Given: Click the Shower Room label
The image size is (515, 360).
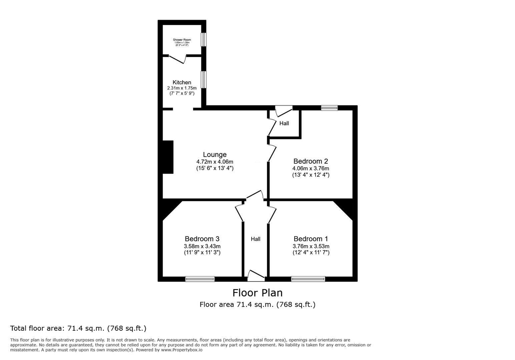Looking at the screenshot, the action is [x=182, y=40].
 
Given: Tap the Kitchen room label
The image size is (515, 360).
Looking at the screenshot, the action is [x=182, y=82].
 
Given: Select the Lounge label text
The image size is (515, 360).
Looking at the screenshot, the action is [x=215, y=155].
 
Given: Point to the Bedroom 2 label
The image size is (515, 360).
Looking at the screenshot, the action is [x=311, y=161].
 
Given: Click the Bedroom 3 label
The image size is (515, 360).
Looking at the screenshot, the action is [x=202, y=239].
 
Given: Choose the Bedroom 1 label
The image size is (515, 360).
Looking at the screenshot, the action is [x=311, y=239].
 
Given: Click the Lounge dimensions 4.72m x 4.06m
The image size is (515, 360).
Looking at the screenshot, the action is [x=215, y=162].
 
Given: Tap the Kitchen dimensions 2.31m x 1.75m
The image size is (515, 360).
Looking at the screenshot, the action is [x=182, y=88].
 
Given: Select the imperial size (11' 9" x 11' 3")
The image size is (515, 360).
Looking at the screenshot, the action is [x=202, y=252].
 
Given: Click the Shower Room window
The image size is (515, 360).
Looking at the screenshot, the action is [x=203, y=40].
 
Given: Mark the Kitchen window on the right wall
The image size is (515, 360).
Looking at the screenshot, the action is [x=203, y=79].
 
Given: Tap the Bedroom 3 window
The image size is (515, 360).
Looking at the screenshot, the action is [x=200, y=279].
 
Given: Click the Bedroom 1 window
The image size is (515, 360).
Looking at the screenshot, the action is [x=308, y=279].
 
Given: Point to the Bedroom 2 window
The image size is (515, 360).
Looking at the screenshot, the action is [x=330, y=108].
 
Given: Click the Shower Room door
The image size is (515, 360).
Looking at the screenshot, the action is [x=177, y=59].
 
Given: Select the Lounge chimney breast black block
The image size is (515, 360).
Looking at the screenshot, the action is [x=168, y=157].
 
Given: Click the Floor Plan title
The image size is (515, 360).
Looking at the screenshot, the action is [x=257, y=293].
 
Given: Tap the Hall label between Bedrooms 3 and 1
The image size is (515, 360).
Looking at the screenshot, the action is [x=255, y=239].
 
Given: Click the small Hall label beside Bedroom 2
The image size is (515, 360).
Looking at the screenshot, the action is [x=284, y=123].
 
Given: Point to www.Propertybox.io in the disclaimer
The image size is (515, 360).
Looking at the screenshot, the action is [x=182, y=350].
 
